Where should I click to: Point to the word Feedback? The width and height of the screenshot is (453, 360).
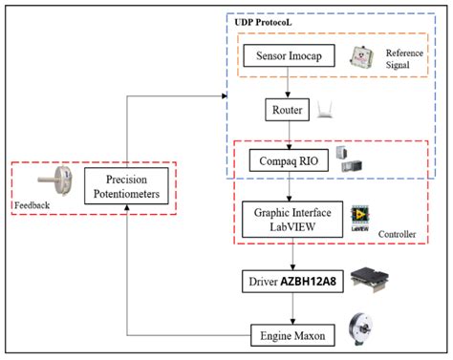32,204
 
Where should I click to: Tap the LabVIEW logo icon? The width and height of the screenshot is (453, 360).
361,216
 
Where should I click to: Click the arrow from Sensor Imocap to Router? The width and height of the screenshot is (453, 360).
290,84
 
